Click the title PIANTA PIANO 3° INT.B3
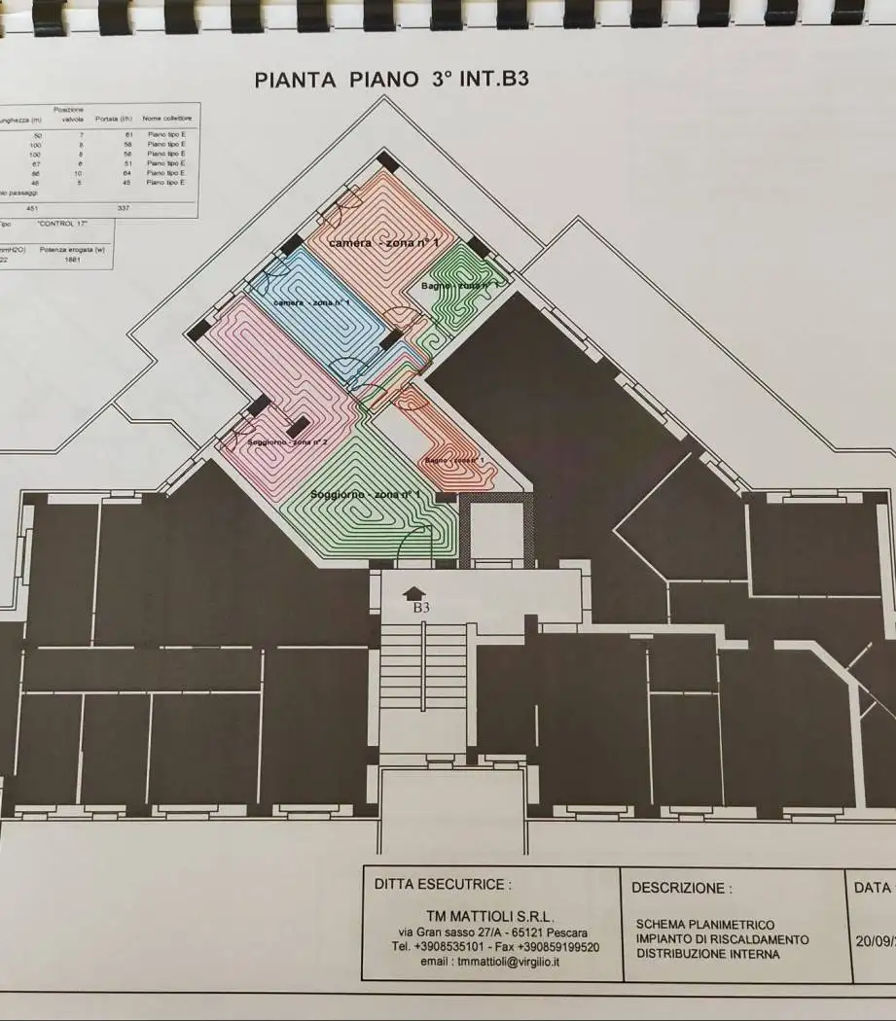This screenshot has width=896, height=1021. pos(391,79)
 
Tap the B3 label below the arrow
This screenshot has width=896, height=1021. pos(420,607)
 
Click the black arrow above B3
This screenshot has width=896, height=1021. pos(413,591)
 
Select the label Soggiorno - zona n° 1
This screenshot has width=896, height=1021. pos(365,495)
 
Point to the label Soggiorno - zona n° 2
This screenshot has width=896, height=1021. pos(286,442)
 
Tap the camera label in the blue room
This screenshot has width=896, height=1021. pos(311,303)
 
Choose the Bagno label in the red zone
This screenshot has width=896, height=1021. pos(453,459)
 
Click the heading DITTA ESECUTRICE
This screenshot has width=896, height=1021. pos(442,885)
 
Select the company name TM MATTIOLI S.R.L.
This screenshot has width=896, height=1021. pos(489,916)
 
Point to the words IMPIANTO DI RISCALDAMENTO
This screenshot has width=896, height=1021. pos(722,939)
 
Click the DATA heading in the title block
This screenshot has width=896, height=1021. pos(873,887)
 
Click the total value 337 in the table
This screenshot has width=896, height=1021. pos(124,207)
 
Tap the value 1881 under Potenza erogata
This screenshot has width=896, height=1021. pos(72,260)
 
